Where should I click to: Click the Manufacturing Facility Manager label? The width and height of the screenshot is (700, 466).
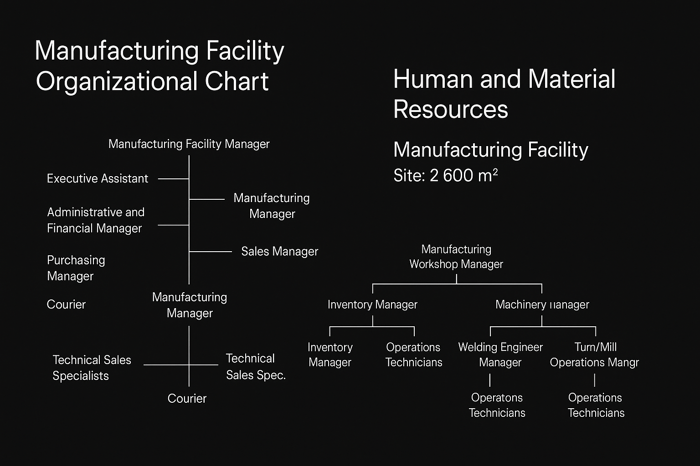coord(189,144)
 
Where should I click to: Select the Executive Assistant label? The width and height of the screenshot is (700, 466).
coord(98,178)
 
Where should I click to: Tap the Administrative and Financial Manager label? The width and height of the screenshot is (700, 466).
coord(95,220)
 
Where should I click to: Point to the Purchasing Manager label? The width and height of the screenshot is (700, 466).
coord(76,268)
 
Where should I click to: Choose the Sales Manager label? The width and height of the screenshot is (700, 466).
coord(279,252)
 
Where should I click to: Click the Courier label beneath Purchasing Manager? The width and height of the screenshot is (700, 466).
coord(66,304)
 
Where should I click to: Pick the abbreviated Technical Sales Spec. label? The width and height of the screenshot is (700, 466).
coord(256,367)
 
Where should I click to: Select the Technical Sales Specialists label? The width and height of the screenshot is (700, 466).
coord(92,368)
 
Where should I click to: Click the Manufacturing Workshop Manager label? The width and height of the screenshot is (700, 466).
coord(456,257)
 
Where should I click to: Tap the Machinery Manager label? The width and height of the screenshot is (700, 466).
coord(542,304)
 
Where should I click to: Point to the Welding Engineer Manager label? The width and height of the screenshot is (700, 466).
coord(500,355)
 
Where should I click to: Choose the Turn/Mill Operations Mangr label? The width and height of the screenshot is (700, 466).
coord(594,355)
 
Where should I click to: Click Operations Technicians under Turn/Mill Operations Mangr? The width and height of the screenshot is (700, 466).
coord(596,405)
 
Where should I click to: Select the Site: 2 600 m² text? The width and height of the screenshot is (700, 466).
coord(445,176)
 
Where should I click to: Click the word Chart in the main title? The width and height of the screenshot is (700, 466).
coord(237,81)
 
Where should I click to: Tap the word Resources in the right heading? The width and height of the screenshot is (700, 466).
coord(450,109)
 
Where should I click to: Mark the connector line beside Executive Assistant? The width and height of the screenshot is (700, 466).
coord(173,179)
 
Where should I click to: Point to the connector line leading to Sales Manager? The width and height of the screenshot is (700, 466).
coord(211,252)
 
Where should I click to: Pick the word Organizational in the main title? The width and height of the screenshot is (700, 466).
coord(116,81)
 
